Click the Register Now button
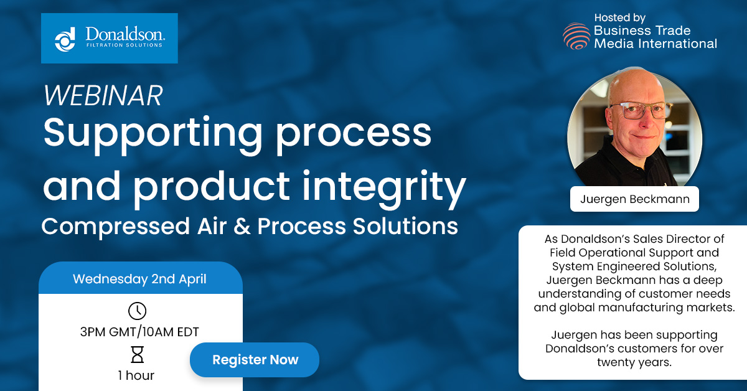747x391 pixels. click(x=255, y=360)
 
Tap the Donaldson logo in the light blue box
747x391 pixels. click(x=110, y=38)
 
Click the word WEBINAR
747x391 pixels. click(x=103, y=95)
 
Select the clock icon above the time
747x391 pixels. click(x=137, y=311)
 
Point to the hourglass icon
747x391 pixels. click(x=137, y=355)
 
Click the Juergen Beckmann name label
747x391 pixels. click(x=634, y=200)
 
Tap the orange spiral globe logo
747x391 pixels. click(x=576, y=36)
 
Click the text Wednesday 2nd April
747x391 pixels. click(x=139, y=279)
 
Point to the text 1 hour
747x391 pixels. click(x=136, y=375)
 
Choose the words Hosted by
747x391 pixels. click(x=619, y=17)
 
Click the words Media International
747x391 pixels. click(x=655, y=44)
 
